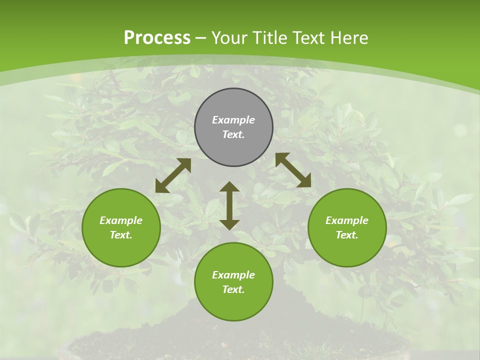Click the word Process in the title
click(x=157, y=38)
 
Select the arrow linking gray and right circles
click(x=293, y=170)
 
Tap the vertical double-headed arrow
click(x=229, y=205)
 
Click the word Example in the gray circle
click(x=233, y=120)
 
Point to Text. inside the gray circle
click(x=233, y=135)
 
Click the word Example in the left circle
click(x=121, y=220)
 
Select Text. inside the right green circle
click(x=347, y=235)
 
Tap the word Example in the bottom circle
click(x=233, y=275)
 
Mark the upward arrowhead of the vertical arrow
click(x=229, y=187)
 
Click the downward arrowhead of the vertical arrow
click(x=229, y=224)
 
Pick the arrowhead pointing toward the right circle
click(x=304, y=181)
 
